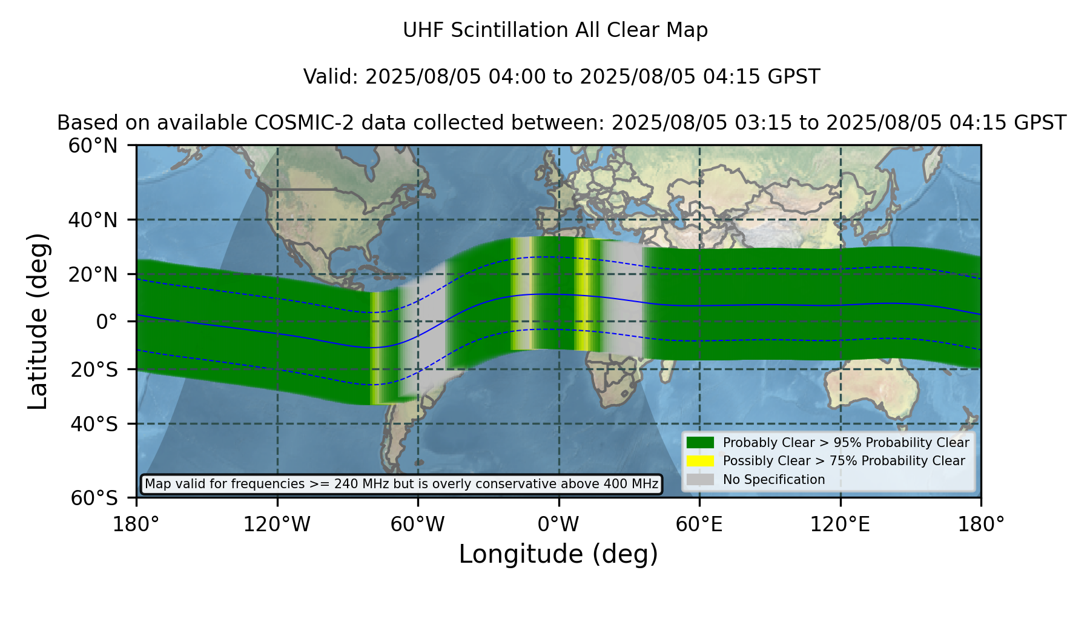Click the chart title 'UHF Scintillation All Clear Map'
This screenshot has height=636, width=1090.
pyautogui.click(x=555, y=30)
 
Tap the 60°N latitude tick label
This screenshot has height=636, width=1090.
pyautogui.click(x=93, y=145)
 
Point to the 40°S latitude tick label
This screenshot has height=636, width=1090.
pyautogui.click(x=94, y=424)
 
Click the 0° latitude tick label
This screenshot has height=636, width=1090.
pyautogui.click(x=107, y=321)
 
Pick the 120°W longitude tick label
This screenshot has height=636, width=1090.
pyautogui.click(x=277, y=525)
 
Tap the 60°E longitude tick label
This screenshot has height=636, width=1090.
pyautogui.click(x=699, y=525)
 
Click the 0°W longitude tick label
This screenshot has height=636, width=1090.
pyautogui.click(x=558, y=525)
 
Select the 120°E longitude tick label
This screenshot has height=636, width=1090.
pyautogui.click(x=841, y=525)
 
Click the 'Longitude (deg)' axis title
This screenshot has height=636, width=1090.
pyautogui.click(x=558, y=554)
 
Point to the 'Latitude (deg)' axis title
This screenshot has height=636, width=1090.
pyautogui.click(x=38, y=321)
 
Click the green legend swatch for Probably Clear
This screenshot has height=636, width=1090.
pyautogui.click(x=701, y=443)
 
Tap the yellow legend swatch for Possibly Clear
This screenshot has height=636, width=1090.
pyautogui.click(x=701, y=461)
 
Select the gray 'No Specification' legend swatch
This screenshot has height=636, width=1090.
pyautogui.click(x=701, y=480)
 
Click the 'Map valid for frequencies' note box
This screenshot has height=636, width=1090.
pyautogui.click(x=401, y=484)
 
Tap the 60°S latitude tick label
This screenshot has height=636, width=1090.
pyautogui.click(x=94, y=498)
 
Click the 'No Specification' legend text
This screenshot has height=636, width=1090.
pyautogui.click(x=774, y=480)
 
